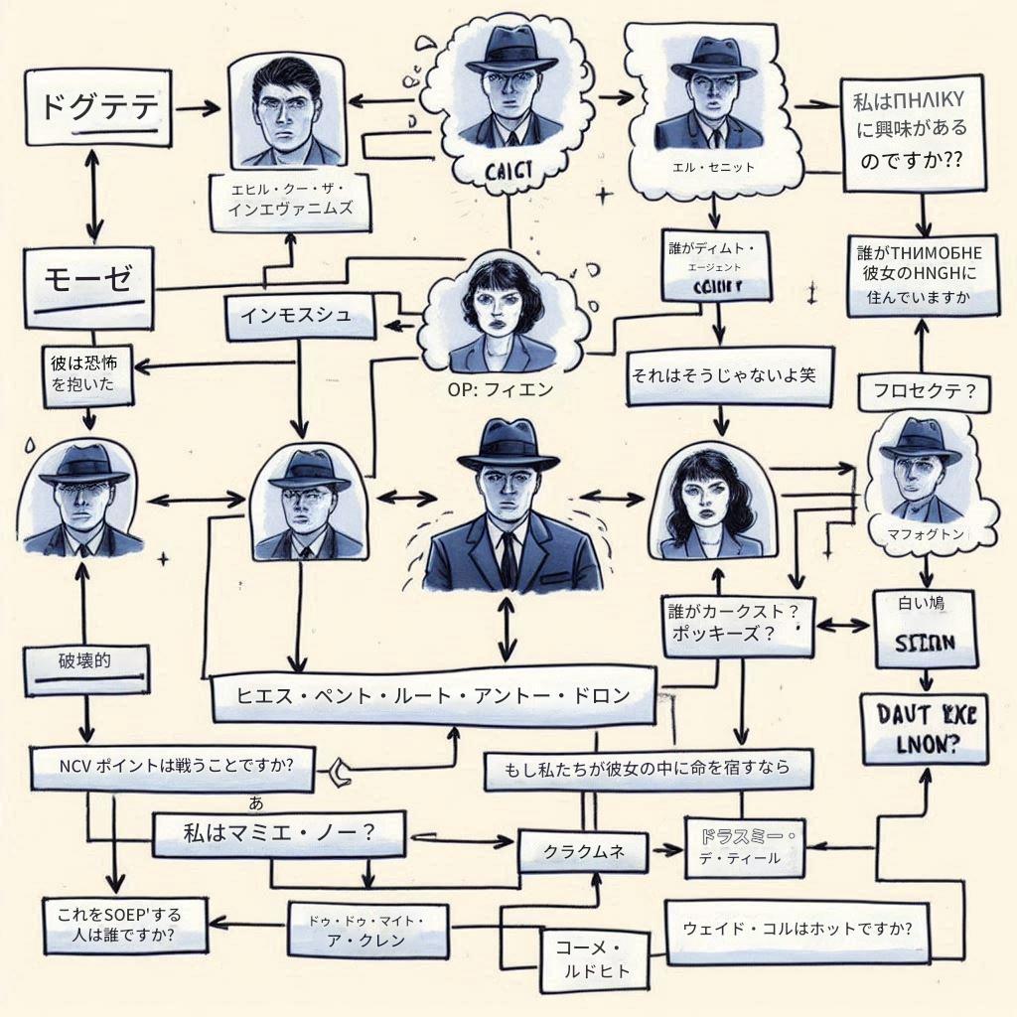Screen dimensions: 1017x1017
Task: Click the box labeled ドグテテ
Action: point(97,108)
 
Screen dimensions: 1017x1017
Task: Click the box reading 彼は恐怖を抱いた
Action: point(90,376)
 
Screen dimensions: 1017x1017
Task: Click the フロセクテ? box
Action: point(924,390)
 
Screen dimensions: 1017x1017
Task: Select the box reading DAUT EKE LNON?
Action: point(925,728)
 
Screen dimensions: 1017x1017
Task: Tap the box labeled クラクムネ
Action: point(582,851)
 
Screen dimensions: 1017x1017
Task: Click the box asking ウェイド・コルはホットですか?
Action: point(798,932)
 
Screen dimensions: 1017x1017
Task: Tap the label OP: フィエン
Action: point(501,389)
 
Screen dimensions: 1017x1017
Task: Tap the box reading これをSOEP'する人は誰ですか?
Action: point(124,924)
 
